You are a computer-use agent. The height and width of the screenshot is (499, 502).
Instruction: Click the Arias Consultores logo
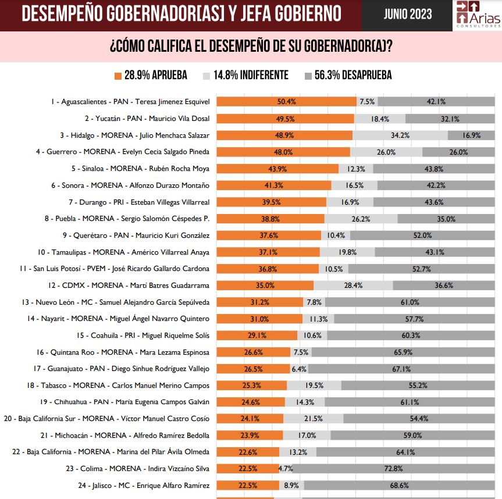click(x=477, y=15)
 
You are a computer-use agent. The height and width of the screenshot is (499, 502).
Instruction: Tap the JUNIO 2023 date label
click(x=407, y=15)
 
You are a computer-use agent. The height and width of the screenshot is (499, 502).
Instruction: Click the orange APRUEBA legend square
click(x=118, y=76)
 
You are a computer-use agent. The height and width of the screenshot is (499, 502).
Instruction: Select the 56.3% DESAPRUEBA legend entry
click(x=347, y=75)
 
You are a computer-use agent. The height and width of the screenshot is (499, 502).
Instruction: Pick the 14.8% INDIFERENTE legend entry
click(x=245, y=75)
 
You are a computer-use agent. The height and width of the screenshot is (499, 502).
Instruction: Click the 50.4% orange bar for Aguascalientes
click(x=286, y=101)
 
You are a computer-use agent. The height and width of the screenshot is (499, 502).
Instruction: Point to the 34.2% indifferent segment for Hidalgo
click(x=400, y=135)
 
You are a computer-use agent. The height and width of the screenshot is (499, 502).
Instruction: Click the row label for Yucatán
click(x=147, y=118)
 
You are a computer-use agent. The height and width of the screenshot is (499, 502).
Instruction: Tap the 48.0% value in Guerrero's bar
click(x=283, y=152)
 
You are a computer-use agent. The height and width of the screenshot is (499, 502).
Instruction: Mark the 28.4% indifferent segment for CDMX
click(x=353, y=286)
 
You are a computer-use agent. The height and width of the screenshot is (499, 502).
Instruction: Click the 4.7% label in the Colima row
click(x=286, y=468)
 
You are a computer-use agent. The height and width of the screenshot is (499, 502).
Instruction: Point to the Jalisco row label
click(x=147, y=485)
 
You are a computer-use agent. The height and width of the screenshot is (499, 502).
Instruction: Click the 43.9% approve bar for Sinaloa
click(x=277, y=169)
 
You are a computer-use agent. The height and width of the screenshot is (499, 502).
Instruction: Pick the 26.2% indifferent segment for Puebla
click(x=361, y=219)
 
